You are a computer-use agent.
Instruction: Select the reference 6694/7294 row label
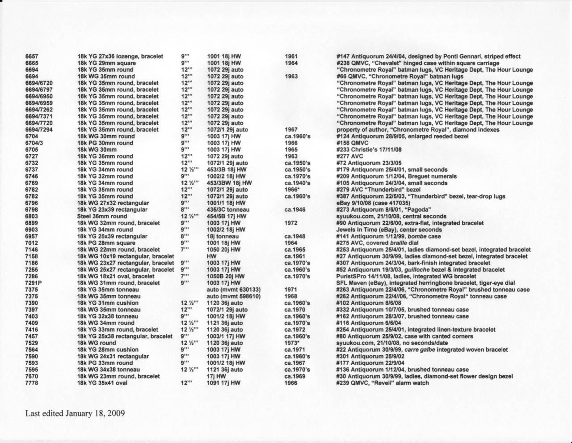[39, 130]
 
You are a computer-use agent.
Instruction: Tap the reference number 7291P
[34, 283]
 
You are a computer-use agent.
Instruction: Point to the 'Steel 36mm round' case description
[102, 216]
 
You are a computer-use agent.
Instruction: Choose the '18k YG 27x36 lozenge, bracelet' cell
[120, 56]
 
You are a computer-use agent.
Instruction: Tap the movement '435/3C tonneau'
[228, 209]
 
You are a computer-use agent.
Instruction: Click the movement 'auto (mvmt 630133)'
[234, 290]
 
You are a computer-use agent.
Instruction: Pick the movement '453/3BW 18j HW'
[229, 183]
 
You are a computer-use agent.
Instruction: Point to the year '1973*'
[293, 343]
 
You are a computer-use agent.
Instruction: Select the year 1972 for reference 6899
[291, 223]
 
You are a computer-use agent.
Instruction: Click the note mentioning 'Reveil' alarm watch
[383, 383]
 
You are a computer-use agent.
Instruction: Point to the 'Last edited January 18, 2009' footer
[75, 413]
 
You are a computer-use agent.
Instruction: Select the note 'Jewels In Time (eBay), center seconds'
[389, 230]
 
